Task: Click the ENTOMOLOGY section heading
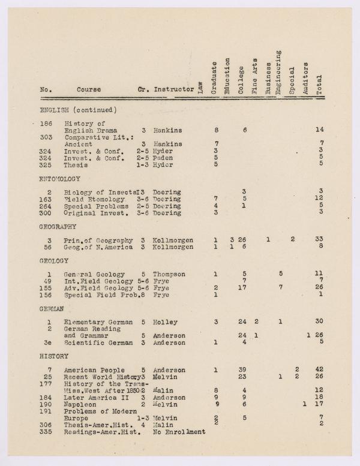point(60,179)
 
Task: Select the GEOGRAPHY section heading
point(58,227)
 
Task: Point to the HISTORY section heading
point(53,356)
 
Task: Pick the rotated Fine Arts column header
point(254,76)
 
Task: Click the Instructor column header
point(173,90)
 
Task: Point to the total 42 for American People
point(319,370)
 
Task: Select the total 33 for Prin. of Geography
point(319,240)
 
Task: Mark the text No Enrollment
point(179,431)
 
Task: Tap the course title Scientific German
point(94,342)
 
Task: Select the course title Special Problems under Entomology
point(94,205)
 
